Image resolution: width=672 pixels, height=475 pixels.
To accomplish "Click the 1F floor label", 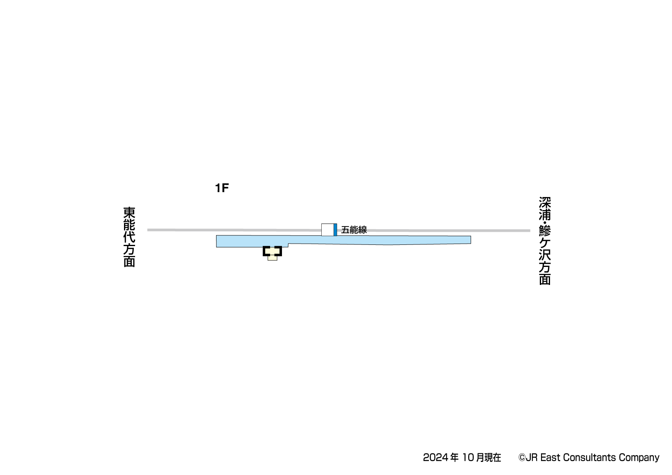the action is pyautogui.click(x=222, y=188).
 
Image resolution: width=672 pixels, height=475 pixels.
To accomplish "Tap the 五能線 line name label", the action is pyautogui.click(x=354, y=230).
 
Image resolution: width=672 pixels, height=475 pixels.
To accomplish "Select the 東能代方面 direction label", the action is pyautogui.click(x=129, y=237).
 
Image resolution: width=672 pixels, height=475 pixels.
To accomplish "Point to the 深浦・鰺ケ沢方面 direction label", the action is pyautogui.click(x=545, y=241).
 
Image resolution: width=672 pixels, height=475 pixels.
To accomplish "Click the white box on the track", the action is pyautogui.click(x=327, y=230).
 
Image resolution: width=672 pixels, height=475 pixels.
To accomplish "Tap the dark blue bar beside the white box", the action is pyautogui.click(x=336, y=230).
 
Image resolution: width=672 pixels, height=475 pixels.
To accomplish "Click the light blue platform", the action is pyautogui.click(x=343, y=240).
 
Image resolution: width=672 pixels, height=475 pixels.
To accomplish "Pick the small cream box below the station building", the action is pyautogui.click(x=273, y=258).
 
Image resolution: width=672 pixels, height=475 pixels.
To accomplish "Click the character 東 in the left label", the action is pyautogui.click(x=129, y=213).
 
